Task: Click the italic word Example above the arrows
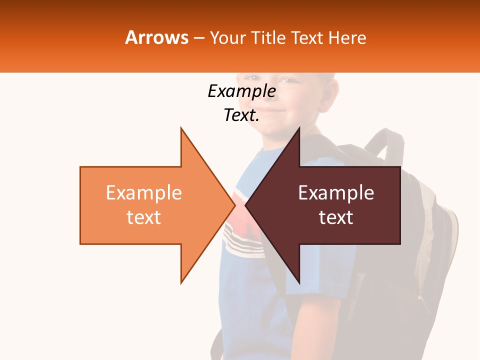(241, 91)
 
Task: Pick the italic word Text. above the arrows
(241, 115)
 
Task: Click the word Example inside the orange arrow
(144, 193)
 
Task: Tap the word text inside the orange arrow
(144, 217)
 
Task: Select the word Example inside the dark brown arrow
(336, 193)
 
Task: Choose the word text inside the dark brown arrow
(336, 217)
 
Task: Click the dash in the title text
(198, 38)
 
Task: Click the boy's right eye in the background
(254, 78)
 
